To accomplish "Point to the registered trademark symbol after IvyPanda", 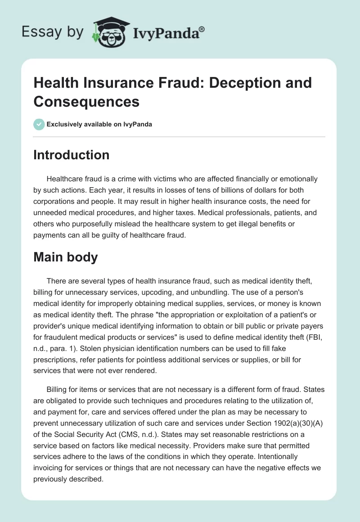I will (202, 29).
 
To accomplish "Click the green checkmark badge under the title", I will (39, 124).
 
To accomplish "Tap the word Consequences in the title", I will (86, 101).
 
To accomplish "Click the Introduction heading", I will (71, 155).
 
